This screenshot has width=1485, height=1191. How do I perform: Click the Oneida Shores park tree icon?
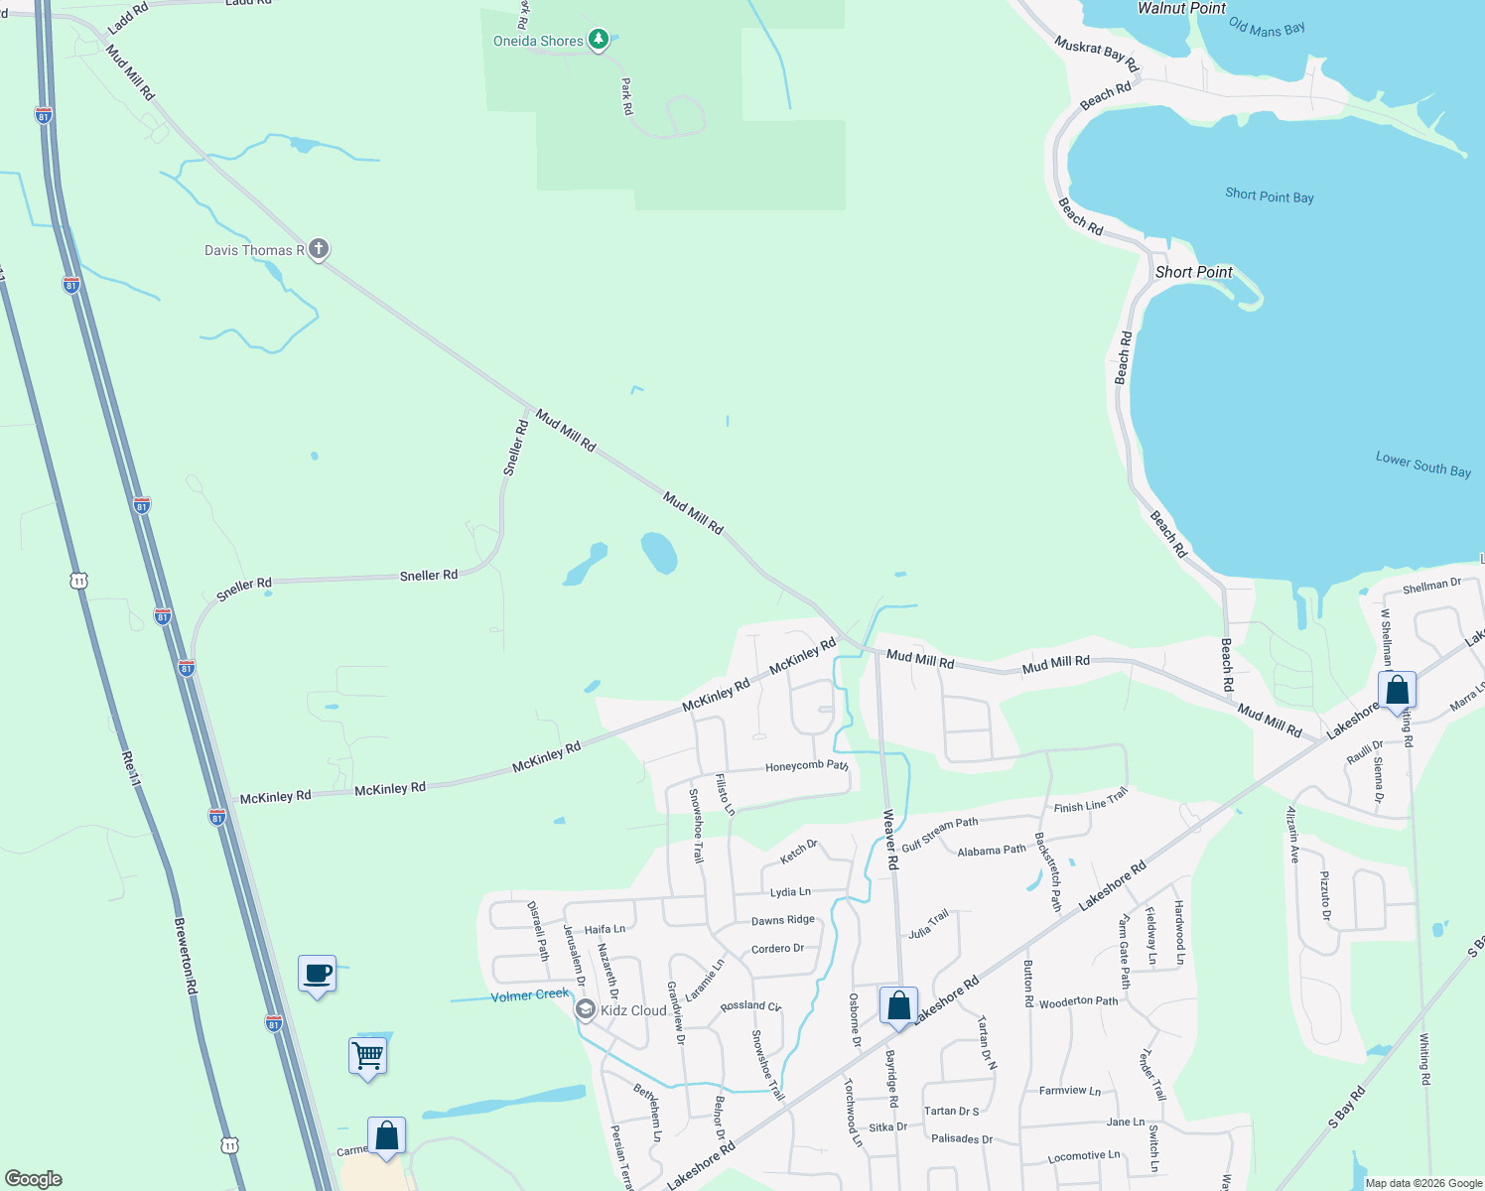[598, 40]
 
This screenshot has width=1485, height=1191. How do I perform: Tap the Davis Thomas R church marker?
[318, 249]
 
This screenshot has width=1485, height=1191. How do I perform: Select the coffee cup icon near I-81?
[318, 974]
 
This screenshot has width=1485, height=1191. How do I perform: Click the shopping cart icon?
[367, 1055]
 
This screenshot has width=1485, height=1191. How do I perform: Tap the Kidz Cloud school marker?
[586, 1010]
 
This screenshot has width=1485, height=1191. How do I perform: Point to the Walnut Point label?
[1181, 9]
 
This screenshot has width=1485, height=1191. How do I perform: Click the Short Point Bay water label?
[1269, 196]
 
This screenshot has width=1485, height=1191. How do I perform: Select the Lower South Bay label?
[1422, 463]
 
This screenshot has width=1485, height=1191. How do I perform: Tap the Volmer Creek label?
[530, 994]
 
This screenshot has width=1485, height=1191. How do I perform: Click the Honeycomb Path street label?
[806, 766]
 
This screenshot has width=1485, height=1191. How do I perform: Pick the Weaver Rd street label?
[890, 840]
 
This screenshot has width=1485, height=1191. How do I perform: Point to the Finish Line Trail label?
[1091, 800]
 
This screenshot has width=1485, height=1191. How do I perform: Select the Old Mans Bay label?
[1267, 28]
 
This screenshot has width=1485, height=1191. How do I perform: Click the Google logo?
[34, 1178]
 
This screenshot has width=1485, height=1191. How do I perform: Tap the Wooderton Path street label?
[1078, 1002]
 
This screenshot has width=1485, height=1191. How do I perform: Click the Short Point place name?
[1193, 272]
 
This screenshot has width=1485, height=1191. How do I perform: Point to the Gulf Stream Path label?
[939, 835]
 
